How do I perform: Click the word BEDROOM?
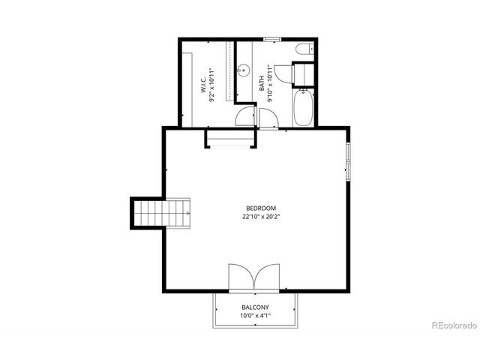pos(261,208)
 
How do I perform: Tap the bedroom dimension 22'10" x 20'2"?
pos(261,217)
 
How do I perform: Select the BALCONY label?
pos(255,307)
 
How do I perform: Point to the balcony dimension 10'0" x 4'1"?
pos(255,316)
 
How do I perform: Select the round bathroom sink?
pos(243,71)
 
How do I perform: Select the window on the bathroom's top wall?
pos(271,38)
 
